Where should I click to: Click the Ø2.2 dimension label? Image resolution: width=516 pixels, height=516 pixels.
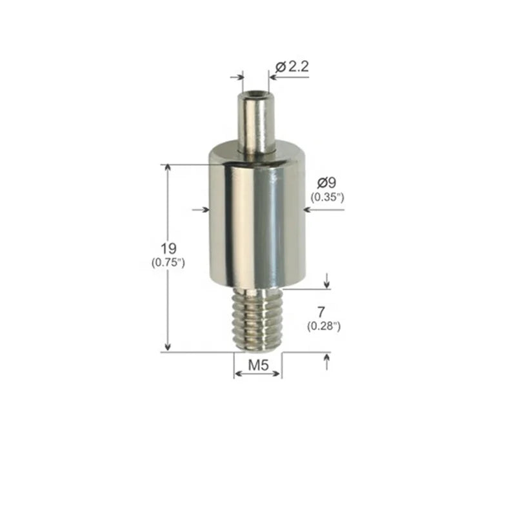(292, 67)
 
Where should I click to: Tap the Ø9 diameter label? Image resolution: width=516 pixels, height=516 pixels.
(327, 183)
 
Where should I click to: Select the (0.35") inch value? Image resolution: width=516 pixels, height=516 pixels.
(328, 197)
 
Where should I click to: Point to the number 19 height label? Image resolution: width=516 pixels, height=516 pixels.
(168, 248)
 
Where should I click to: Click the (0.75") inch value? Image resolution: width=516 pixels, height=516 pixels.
(168, 263)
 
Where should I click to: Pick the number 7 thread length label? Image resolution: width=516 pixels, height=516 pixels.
(321, 312)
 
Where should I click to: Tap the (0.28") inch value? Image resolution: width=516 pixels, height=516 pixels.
(324, 326)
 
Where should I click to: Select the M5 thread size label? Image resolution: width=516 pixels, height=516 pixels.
(259, 365)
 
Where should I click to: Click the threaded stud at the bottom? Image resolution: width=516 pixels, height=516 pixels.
(257, 319)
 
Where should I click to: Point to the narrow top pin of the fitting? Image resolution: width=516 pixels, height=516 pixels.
(256, 123)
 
